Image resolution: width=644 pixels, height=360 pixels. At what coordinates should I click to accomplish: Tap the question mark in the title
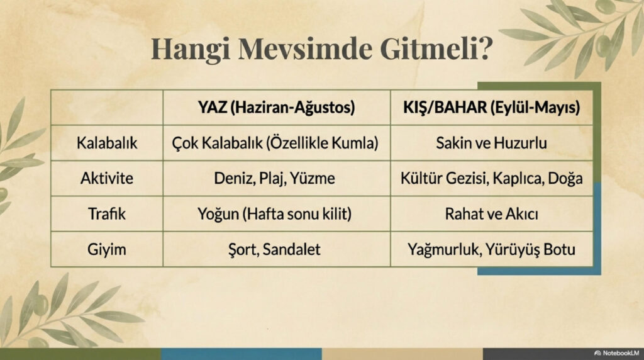[485, 49]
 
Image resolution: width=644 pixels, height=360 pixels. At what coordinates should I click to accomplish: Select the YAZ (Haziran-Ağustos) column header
[276, 108]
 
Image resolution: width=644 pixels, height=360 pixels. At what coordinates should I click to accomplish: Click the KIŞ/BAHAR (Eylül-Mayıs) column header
[491, 108]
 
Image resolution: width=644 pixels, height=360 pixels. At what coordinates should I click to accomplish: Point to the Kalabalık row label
[106, 143]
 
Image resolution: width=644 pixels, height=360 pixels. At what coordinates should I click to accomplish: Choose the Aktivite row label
[106, 178]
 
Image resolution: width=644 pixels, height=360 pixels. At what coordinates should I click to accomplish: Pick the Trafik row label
[106, 214]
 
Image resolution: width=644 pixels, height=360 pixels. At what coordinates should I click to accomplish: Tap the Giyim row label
[106, 249]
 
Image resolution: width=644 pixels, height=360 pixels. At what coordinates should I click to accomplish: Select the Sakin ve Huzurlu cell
[491, 143]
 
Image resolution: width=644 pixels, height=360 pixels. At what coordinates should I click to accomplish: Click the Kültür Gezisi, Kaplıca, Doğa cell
[491, 178]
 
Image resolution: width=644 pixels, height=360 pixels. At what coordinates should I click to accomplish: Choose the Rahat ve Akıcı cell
[491, 214]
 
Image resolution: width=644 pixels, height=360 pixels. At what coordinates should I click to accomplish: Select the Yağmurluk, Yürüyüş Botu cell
[491, 249]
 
